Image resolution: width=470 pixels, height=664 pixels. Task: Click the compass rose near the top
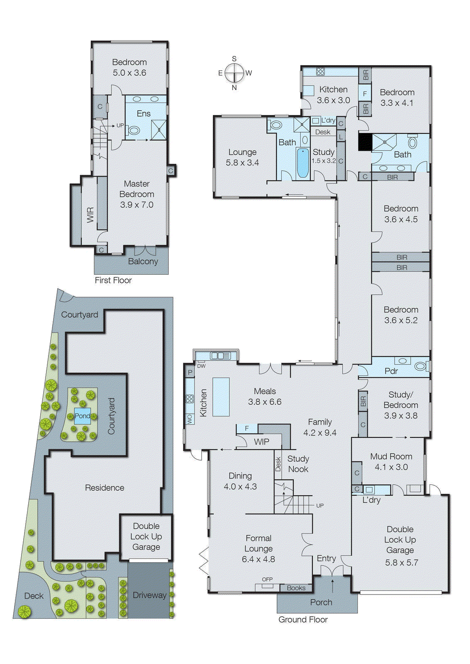click(234, 73)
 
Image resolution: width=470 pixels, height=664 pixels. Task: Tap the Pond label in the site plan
click(82, 416)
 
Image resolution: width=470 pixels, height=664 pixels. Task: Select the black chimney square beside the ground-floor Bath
click(365, 142)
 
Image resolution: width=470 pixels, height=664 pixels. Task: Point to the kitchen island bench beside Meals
click(221, 397)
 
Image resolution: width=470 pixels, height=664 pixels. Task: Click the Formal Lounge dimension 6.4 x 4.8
click(258, 559)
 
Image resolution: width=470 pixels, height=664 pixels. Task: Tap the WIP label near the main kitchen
click(261, 442)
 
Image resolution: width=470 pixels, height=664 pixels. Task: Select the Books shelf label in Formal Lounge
click(296, 588)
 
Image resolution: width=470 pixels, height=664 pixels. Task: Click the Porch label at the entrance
click(321, 602)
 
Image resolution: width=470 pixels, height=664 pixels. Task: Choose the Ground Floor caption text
click(303, 620)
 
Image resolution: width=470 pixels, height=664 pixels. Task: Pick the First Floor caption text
click(113, 281)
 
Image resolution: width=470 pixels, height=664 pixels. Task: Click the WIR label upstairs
click(90, 215)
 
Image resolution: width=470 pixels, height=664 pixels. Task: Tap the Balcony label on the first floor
click(143, 261)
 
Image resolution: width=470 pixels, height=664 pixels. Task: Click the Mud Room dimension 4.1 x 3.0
click(391, 467)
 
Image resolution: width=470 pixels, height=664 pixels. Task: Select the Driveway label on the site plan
click(149, 595)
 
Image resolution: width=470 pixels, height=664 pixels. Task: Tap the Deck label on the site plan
click(34, 596)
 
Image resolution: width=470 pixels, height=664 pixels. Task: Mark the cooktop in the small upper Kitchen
click(320, 71)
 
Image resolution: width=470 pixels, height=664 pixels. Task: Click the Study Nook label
click(298, 464)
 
